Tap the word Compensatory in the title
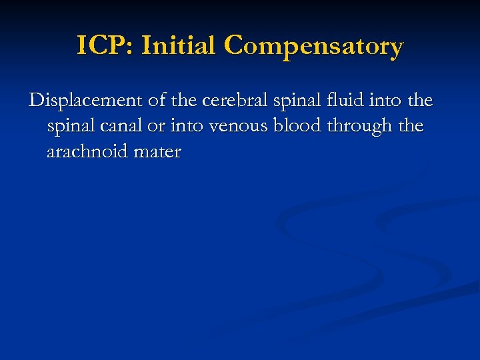click(x=314, y=47)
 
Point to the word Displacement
click(x=81, y=101)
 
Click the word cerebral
click(x=229, y=101)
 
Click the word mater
click(x=157, y=152)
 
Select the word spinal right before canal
click(x=69, y=127)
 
